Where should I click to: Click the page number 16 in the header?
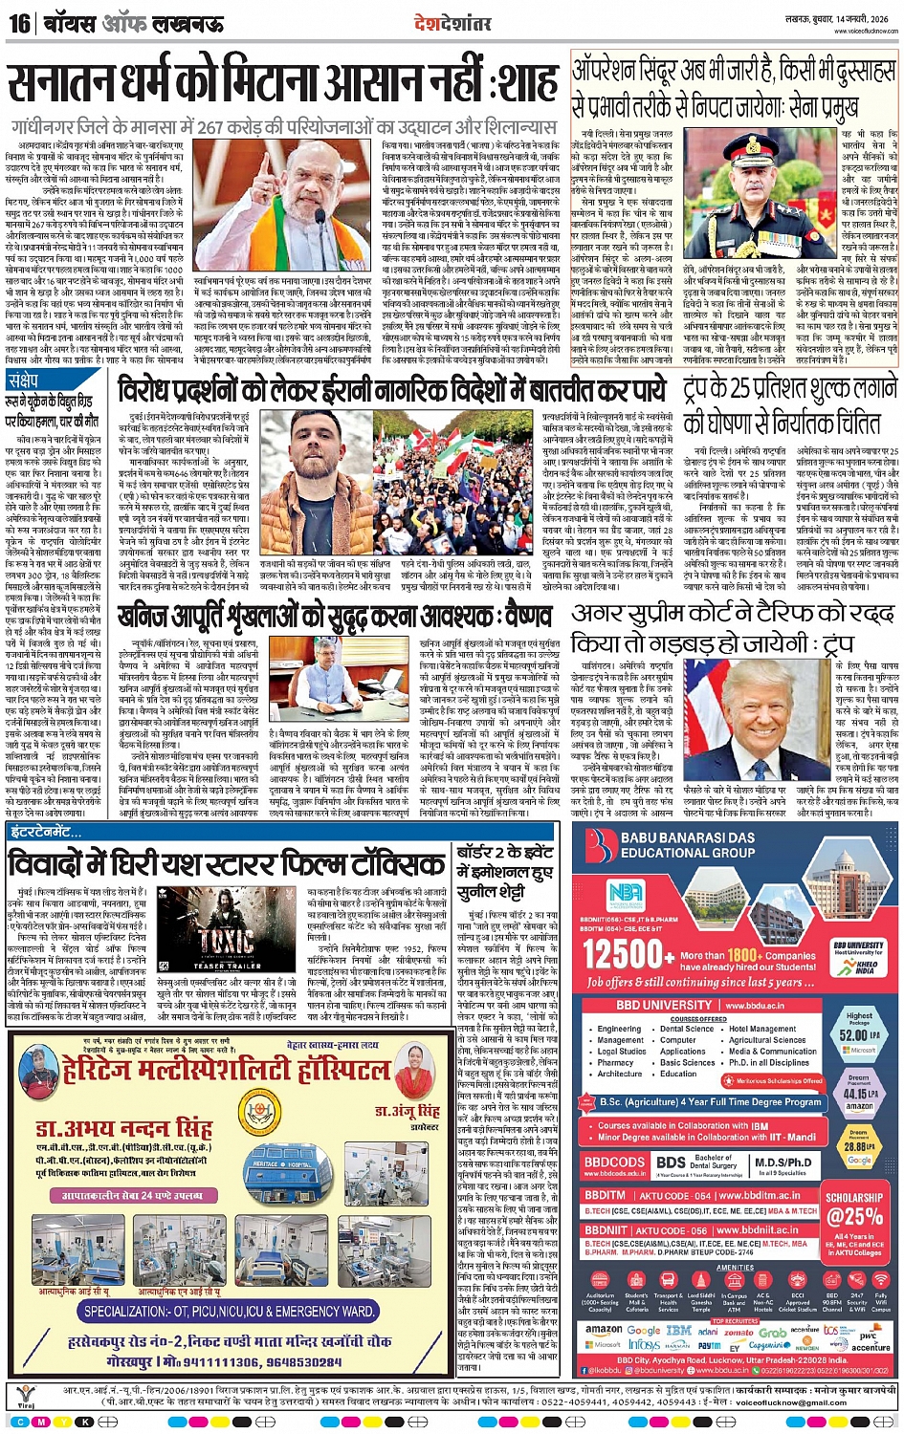(x=19, y=22)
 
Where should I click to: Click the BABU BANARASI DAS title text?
(x=688, y=838)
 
